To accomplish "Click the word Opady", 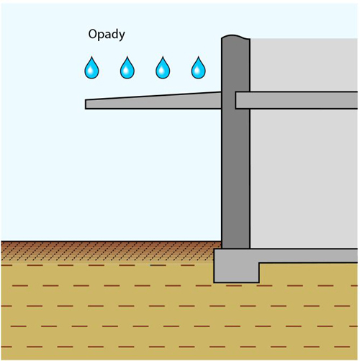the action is coord(107,35).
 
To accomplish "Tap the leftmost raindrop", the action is coord(91,68).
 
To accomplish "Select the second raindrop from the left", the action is coord(127,68).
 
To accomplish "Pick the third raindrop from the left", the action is coord(163,68).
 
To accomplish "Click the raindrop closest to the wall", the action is coord(198,68).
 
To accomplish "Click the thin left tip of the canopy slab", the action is coord(86,104).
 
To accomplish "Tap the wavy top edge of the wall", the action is coord(235,36).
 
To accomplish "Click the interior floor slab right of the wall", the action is coord(297,100).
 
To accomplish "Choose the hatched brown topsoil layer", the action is coord(111,251).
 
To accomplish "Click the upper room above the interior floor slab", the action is coord(304,65).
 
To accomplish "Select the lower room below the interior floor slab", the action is coord(304,179).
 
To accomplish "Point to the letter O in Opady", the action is coord(93,34).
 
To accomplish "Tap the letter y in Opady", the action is coord(121,36).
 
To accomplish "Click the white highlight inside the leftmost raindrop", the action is coord(91,71).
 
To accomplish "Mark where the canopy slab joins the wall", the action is coord(221,100).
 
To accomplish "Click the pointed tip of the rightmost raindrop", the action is coord(199,57).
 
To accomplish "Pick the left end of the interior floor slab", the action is coord(235,100).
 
